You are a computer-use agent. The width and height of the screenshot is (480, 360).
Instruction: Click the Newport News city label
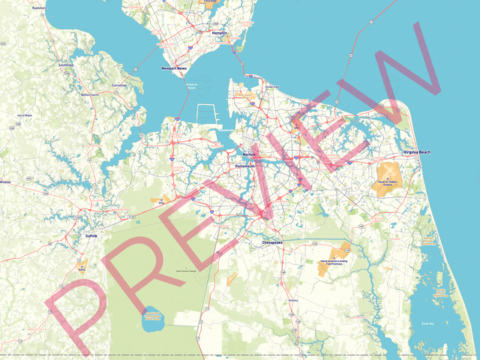tap(174, 68)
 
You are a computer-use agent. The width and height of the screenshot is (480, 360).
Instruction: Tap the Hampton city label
tap(220, 33)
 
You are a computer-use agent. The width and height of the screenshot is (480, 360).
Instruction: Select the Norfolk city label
tap(250, 154)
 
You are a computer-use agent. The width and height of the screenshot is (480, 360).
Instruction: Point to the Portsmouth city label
tap(245, 166)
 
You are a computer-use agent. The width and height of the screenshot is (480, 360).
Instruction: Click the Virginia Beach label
tap(418, 152)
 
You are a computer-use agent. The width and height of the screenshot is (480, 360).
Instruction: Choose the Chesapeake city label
tap(272, 243)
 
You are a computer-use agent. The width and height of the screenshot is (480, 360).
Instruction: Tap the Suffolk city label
tap(91, 235)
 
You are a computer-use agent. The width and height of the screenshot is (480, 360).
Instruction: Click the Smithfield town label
tap(66, 64)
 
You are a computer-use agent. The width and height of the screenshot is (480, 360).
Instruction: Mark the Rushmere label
tap(39, 7)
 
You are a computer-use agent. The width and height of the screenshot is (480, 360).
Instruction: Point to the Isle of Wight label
tap(24, 115)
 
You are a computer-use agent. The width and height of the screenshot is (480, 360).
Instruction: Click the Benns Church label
tap(90, 94)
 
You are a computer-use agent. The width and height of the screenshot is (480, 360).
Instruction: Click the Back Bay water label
tap(427, 323)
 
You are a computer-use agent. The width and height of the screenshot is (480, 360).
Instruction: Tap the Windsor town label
tap(5, 181)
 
